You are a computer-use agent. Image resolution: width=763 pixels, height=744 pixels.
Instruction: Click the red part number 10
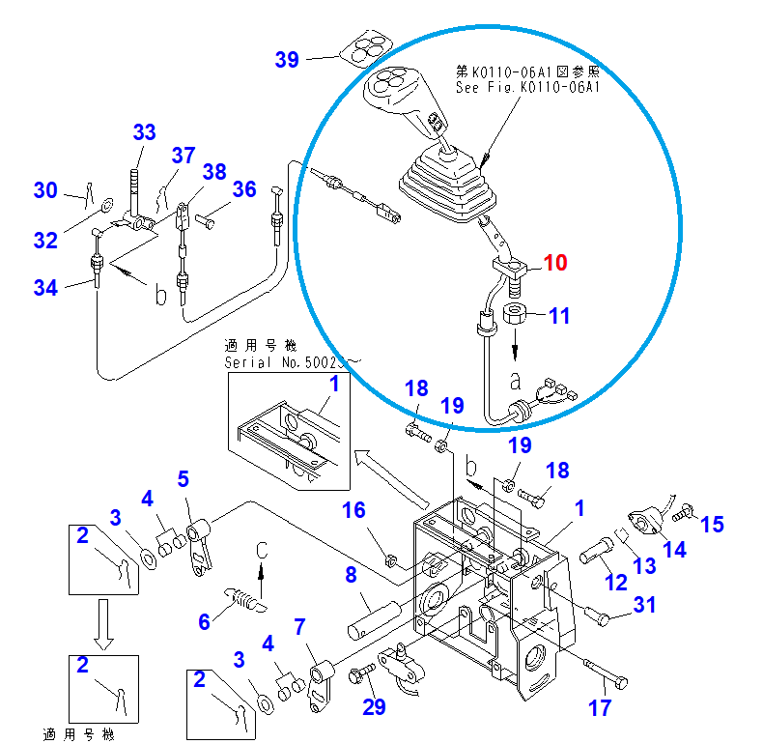tap(555, 263)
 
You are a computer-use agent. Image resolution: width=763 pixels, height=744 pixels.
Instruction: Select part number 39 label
tap(287, 60)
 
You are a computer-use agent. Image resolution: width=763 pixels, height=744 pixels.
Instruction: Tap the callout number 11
tap(560, 315)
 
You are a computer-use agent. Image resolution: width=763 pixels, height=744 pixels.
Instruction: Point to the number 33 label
tap(143, 132)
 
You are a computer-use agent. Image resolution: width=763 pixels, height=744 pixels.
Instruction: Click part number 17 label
tap(600, 708)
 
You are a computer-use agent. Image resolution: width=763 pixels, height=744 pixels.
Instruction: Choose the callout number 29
tap(373, 706)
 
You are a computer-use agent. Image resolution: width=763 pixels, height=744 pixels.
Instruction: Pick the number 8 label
tap(353, 577)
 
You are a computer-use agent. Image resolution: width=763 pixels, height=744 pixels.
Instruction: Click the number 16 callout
tap(354, 509)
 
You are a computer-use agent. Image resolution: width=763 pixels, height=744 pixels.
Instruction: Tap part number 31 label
tap(644, 606)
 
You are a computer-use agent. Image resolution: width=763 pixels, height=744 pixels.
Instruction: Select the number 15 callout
tap(712, 524)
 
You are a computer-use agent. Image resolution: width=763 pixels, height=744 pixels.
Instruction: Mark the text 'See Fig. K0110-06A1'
tap(527, 87)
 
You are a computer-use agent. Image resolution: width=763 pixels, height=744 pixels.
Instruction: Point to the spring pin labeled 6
tap(243, 599)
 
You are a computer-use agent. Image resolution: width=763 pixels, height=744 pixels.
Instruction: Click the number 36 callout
tap(244, 189)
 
